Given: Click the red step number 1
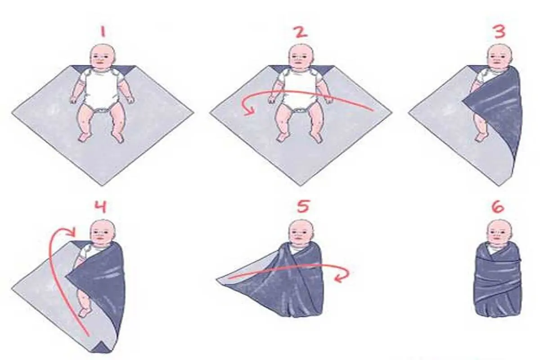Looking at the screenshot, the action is (103, 32).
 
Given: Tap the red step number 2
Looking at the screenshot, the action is (301, 32).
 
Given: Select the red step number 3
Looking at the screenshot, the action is (500, 32).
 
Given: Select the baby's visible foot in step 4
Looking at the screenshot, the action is (85, 312).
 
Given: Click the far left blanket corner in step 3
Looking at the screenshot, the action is (409, 112).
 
